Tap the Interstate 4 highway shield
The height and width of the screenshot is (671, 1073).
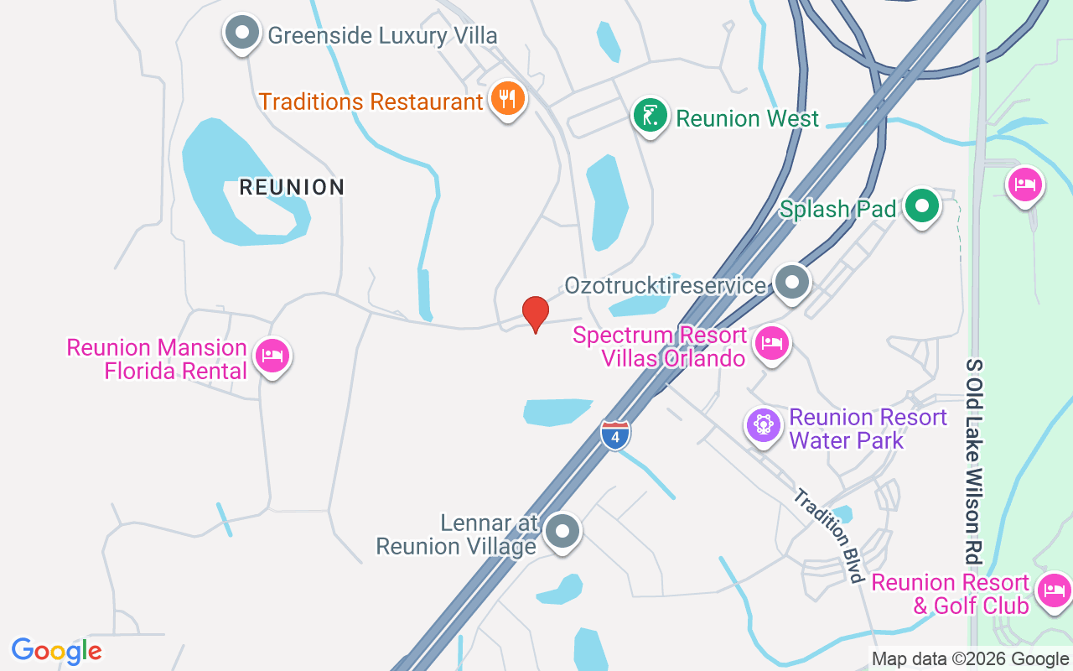615,435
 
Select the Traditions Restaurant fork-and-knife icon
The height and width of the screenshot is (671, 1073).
506,99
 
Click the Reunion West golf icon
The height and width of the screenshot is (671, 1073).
650,116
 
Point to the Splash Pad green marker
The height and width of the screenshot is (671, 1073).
922,206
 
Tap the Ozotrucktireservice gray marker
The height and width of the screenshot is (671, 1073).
791,283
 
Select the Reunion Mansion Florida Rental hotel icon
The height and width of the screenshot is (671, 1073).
272,356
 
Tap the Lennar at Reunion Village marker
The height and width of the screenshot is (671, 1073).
562,532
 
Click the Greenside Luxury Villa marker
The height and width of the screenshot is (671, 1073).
242,34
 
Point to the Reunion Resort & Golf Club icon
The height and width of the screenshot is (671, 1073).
1054,591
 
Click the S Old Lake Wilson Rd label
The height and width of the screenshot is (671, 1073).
973,461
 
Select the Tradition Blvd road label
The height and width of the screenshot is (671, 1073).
829,535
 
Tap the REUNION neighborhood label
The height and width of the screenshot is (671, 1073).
292,187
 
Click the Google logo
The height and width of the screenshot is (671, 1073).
57,650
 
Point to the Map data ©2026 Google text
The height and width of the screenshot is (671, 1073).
970,659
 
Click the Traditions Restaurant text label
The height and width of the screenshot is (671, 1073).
371,102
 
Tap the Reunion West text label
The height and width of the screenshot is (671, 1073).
747,119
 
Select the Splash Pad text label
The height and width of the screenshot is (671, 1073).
838,209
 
